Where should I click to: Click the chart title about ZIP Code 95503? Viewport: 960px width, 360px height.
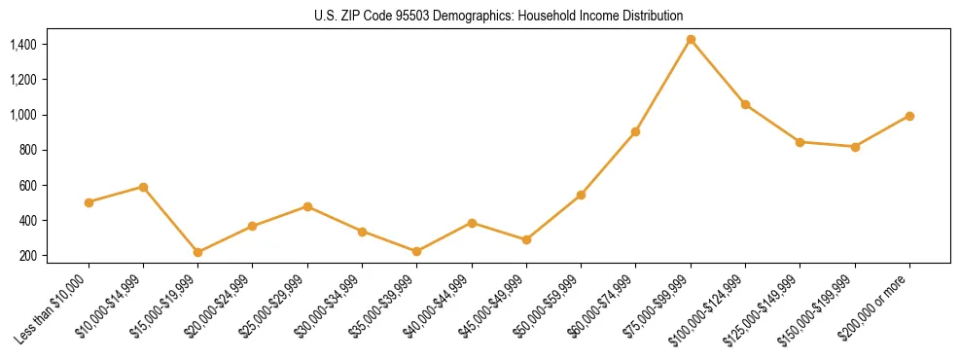click(x=499, y=16)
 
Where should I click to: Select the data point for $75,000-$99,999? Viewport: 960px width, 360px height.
click(x=691, y=40)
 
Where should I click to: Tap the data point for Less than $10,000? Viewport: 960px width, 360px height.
click(x=89, y=202)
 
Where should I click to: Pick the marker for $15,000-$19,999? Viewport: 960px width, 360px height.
click(x=197, y=252)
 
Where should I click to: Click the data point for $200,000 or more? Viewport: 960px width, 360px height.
click(x=909, y=116)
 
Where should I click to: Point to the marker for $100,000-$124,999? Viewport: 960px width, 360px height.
click(x=745, y=104)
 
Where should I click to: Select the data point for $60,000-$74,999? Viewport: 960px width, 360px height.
click(x=635, y=131)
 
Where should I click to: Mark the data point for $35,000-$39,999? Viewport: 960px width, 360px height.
click(x=416, y=251)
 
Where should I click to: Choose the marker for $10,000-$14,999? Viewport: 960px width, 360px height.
click(x=143, y=187)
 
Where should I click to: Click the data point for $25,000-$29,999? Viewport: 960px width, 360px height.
click(x=307, y=206)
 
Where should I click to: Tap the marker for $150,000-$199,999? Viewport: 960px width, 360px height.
click(x=855, y=147)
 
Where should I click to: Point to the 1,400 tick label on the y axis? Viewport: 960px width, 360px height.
click(x=22, y=45)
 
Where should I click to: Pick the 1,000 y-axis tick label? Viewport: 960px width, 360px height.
click(x=22, y=115)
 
